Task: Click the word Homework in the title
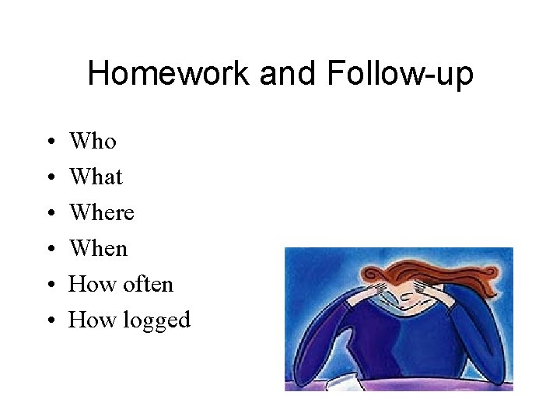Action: click(x=169, y=75)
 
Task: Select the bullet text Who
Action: click(x=93, y=142)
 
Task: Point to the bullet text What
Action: click(x=96, y=177)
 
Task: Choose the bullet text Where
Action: click(x=101, y=213)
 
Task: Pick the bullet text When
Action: click(x=98, y=249)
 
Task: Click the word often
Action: click(x=147, y=285)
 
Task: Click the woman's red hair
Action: click(x=389, y=269)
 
